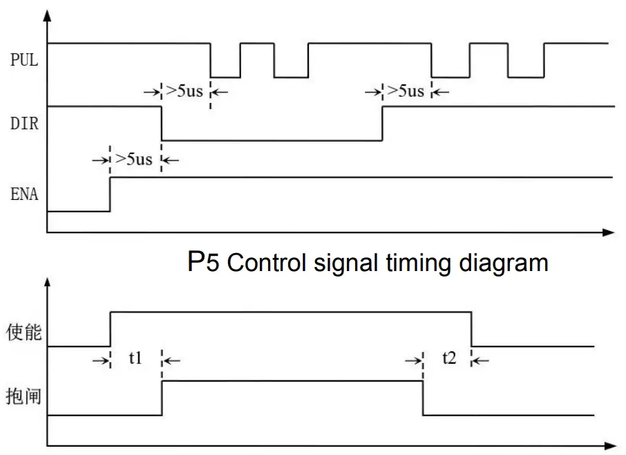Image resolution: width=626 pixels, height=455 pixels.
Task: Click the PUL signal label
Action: click(24, 60)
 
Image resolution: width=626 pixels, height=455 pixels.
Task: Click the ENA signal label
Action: click(24, 194)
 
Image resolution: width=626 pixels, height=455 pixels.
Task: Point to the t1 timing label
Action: click(135, 359)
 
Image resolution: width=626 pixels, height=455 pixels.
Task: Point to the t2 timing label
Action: click(449, 359)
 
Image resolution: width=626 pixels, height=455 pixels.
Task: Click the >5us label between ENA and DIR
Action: click(134, 160)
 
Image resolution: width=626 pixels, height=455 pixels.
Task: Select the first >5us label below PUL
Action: click(185, 91)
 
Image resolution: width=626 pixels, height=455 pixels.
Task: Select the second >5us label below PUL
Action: click(406, 91)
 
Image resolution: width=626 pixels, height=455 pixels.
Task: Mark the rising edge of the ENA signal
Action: click(111, 194)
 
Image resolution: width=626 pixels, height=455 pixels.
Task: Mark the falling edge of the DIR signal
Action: click(162, 124)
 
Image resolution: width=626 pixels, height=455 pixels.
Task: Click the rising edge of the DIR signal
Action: click(382, 124)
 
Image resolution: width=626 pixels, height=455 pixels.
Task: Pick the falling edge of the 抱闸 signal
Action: click(423, 398)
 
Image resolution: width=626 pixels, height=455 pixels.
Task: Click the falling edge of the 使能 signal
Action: click(471, 329)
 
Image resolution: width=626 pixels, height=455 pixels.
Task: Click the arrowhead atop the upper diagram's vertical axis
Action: click(47, 15)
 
